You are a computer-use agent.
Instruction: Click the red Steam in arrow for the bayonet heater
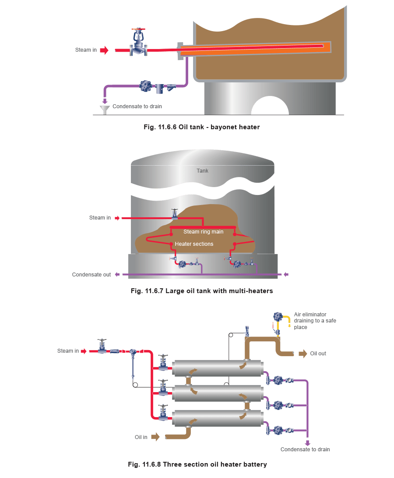point(104,50)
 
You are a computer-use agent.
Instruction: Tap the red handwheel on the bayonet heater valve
point(138,29)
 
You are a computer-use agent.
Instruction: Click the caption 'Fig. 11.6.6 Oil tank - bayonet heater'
point(202,127)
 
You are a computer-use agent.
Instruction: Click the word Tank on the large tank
point(202,170)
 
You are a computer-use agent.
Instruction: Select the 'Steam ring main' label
point(203,232)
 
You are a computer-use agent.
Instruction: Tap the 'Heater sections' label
point(194,244)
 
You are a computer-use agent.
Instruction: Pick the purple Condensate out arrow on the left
point(117,275)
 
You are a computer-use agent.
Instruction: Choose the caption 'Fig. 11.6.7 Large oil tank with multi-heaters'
point(202,290)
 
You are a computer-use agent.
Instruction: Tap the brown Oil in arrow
point(155,437)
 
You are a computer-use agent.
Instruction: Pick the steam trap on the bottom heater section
point(278,430)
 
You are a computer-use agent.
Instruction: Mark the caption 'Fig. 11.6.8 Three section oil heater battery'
point(197,464)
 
